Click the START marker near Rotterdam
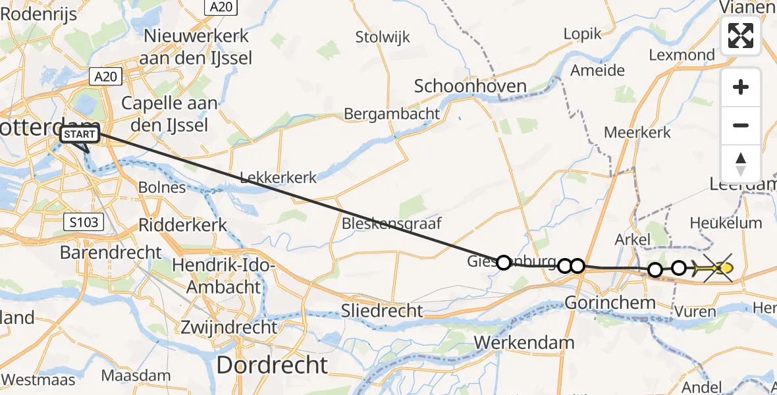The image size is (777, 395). pos(80,136)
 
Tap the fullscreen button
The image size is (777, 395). pos(741,36)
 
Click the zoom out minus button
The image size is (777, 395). pos(741,125)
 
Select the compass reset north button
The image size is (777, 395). pos(741,164)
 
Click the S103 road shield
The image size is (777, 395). pos(85,222)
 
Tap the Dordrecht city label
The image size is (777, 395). pos(271,365)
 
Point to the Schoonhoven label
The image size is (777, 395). pos(470,86)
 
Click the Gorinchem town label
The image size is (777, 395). pos(610,303)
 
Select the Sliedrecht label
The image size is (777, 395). pos(382,310)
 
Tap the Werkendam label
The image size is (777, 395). pos(523,342)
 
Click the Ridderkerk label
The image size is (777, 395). pos(183,224)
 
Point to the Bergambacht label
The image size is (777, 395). pos(392,114)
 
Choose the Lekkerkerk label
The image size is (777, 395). pos(278,178)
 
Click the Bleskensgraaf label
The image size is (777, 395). pos(391,223)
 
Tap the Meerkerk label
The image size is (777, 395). pos(637,132)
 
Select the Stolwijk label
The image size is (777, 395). pos(383,37)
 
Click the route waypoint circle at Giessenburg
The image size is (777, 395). pos(504,263)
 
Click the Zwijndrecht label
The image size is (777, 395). pos(229,327)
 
